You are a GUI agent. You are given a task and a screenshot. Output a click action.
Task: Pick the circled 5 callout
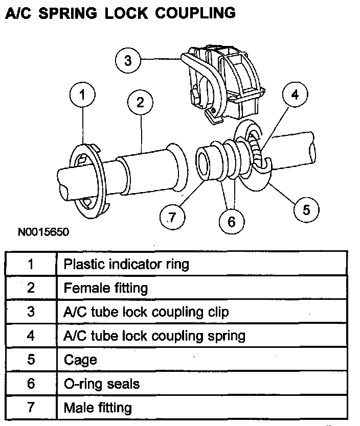(306, 209)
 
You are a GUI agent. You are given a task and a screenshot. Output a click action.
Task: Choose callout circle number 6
(231, 222)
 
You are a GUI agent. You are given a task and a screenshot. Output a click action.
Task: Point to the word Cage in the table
(80, 360)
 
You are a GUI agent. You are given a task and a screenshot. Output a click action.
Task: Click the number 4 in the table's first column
(31, 336)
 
